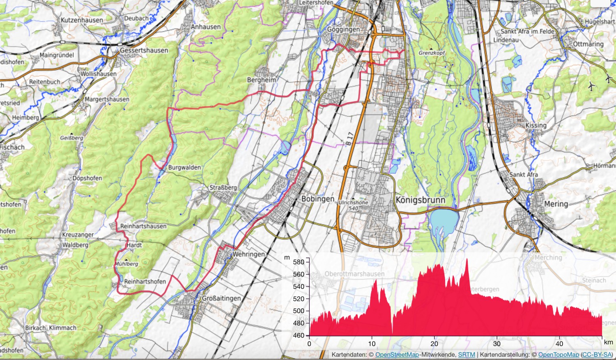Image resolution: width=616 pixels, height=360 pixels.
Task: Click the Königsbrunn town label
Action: [x=420, y=200]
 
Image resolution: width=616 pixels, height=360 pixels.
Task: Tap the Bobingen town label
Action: [x=318, y=199]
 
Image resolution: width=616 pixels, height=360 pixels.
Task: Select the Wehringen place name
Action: [x=248, y=254]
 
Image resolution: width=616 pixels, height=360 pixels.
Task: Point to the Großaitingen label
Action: [x=221, y=298]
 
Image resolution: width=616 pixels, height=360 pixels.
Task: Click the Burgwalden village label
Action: [x=184, y=168]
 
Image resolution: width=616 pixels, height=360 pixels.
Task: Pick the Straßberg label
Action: [x=223, y=188]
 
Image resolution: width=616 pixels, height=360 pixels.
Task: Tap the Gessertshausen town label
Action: [x=144, y=51]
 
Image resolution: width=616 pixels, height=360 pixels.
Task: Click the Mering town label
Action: [x=556, y=204]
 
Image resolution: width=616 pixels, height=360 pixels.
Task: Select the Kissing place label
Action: [x=536, y=125]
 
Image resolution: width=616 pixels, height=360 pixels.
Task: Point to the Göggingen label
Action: [x=343, y=30]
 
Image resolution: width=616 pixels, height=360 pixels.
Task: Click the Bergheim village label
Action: [x=261, y=80]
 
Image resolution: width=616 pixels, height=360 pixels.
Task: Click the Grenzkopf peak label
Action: [x=432, y=53]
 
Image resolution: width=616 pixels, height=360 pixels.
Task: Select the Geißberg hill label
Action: [x=71, y=138]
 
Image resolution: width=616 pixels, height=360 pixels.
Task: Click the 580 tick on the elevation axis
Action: [x=299, y=262]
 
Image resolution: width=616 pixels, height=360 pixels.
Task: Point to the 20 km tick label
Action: [x=434, y=344]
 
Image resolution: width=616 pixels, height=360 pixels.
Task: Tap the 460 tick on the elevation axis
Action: [x=299, y=335]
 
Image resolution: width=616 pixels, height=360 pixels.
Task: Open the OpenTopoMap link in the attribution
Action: [x=559, y=355]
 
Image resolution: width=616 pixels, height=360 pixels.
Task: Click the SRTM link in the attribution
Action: [x=467, y=355]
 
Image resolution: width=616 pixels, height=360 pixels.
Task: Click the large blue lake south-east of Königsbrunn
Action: [x=444, y=222]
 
